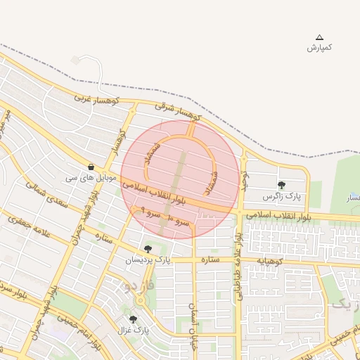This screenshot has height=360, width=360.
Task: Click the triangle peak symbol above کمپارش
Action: point(320,37)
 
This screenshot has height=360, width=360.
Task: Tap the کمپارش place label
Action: point(320,48)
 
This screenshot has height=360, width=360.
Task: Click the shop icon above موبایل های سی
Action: point(91,167)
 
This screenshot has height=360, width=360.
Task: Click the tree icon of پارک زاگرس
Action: point(281,185)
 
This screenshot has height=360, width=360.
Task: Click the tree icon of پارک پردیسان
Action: point(148,249)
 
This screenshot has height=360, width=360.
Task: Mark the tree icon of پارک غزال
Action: point(133,319)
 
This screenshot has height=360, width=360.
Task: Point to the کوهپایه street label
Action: point(270,259)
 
